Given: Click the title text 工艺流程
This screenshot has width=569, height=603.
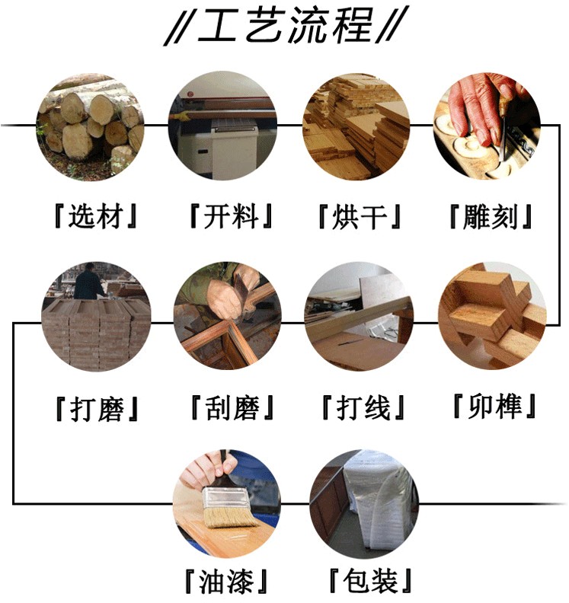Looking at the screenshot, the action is (285, 25).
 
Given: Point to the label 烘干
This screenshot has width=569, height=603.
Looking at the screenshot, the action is (360, 216).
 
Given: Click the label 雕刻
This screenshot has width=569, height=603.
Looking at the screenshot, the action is (490, 216).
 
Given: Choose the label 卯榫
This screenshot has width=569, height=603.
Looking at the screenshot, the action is (495, 406).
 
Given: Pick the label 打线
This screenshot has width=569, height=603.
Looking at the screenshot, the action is (363, 407).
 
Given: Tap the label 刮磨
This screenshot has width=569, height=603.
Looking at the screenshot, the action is (232, 407).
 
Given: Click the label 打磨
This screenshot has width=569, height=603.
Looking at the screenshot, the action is (97, 408).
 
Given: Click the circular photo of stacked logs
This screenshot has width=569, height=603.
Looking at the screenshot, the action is (90, 126).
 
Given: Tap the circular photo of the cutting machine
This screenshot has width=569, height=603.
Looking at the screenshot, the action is (222, 126).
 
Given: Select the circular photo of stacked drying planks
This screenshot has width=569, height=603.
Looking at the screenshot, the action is (356, 126).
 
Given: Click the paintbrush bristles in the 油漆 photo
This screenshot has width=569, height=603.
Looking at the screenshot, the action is (230, 517).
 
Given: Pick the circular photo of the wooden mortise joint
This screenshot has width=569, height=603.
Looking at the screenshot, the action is (492, 316).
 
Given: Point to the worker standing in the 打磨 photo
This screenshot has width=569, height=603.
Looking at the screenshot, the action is (88, 282).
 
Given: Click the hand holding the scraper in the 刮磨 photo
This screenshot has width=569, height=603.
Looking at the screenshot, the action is (228, 297).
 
